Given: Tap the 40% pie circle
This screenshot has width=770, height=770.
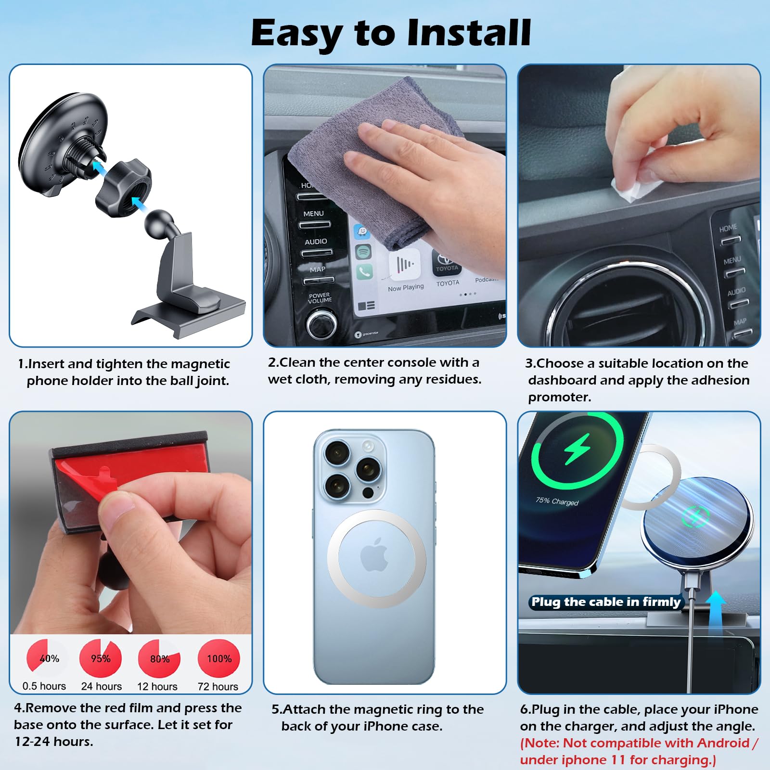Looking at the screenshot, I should tap(47, 657).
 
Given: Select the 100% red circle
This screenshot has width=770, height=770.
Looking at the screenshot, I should tap(219, 658).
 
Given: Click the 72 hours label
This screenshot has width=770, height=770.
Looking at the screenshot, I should tap(218, 686).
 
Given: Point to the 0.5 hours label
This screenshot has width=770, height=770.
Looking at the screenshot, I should tap(44, 686).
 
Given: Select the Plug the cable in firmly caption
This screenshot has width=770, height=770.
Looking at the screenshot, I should tap(605, 602).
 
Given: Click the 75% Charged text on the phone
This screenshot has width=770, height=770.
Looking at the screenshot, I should tap(557, 501).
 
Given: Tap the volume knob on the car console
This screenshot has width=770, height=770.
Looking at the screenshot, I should tap(321, 324).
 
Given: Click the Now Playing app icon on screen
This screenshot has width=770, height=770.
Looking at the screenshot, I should tap(404, 265).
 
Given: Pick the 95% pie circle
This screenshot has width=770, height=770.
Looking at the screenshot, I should tap(101, 658).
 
